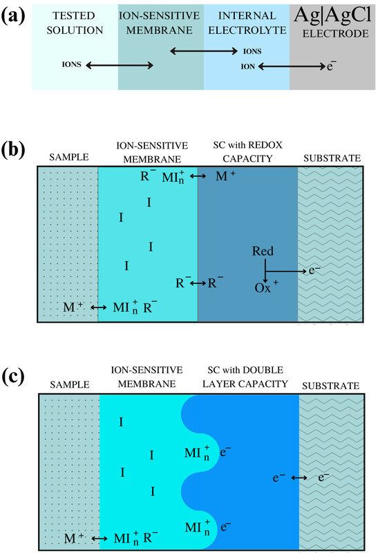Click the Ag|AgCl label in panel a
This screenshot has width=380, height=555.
332,15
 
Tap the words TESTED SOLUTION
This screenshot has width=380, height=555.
75,23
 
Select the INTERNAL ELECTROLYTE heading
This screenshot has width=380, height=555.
247,23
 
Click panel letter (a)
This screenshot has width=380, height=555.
13,16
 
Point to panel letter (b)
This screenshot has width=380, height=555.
13,150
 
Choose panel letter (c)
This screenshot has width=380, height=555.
13,377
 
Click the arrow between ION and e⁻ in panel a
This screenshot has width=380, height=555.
292,66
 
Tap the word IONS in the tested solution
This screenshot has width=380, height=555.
71,64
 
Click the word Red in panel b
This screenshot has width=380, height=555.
263,251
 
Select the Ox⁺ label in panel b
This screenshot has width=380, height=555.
266,288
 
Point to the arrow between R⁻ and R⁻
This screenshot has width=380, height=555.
198,283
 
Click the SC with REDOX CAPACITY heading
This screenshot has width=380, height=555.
247,152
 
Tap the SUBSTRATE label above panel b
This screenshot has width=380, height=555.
332,158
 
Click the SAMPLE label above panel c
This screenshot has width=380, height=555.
70,385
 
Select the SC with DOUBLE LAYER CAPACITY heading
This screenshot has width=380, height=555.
245,377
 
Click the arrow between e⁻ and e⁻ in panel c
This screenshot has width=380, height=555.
299,478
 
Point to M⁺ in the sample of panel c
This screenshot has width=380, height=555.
74,538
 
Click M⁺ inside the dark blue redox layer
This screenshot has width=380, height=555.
226,176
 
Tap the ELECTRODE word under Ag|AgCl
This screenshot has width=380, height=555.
335,34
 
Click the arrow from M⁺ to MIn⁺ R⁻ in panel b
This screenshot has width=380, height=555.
99,308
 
